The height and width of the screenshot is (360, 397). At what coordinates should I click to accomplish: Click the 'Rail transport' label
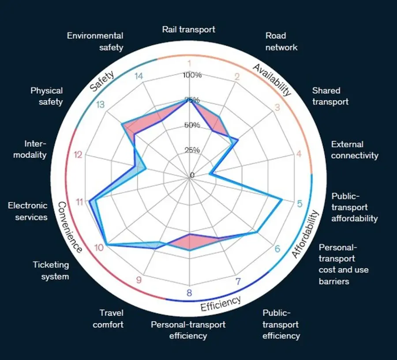(189, 30)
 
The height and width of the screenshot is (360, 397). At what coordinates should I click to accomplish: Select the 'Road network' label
(281, 41)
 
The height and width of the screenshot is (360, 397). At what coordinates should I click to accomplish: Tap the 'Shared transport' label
(330, 96)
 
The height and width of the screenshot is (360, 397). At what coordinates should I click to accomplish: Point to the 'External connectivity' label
(355, 150)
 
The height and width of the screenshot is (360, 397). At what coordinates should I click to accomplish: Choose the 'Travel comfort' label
(108, 319)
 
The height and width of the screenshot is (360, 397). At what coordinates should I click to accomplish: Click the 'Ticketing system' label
(51, 270)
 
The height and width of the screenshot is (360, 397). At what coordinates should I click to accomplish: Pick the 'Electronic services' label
(28, 211)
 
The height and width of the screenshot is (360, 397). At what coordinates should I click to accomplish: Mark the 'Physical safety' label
(47, 96)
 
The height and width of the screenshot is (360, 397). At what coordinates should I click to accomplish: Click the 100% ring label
(192, 75)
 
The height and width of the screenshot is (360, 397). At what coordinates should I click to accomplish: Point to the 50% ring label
(192, 125)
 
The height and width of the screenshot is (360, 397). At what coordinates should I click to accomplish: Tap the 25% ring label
(192, 150)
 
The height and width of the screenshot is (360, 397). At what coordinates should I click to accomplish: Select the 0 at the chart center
(192, 175)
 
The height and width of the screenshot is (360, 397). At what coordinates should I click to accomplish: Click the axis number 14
(139, 76)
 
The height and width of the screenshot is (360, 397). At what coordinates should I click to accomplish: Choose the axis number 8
(189, 293)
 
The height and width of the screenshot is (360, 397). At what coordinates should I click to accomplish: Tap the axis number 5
(300, 203)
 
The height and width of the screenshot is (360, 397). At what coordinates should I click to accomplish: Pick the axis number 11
(79, 202)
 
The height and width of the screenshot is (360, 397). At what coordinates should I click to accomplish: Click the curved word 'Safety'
(102, 81)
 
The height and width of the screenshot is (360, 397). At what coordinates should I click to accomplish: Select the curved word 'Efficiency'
(221, 303)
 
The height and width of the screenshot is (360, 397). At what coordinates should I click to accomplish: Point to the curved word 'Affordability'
(305, 234)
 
